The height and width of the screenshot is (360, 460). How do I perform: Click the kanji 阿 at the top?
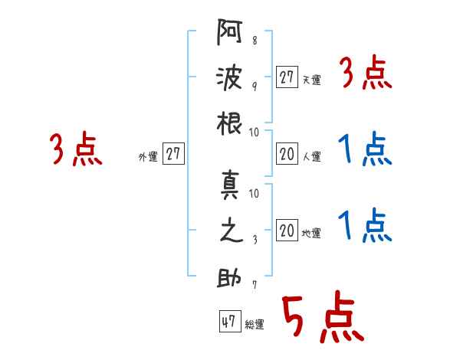(229, 32)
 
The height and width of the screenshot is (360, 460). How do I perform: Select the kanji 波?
(229, 77)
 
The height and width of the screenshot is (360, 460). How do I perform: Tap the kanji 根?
(229, 123)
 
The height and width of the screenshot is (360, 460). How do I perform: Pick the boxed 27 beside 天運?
(287, 77)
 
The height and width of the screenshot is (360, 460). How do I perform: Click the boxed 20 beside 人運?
(287, 154)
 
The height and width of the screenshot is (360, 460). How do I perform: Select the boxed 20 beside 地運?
(287, 230)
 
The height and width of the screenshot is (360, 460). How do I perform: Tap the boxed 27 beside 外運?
(173, 153)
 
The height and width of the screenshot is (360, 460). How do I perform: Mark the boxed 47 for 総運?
(230, 321)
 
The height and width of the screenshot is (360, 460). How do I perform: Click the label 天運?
(312, 80)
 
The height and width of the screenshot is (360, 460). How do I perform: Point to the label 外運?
(148, 156)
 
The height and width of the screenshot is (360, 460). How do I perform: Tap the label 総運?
(255, 324)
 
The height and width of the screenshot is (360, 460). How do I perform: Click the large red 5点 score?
(323, 316)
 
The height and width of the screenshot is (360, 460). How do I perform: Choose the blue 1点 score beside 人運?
(365, 149)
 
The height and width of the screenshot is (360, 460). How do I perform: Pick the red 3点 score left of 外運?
(76, 149)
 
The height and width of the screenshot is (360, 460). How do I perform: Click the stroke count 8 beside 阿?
(255, 40)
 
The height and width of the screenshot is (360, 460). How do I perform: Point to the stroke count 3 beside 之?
(255, 240)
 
